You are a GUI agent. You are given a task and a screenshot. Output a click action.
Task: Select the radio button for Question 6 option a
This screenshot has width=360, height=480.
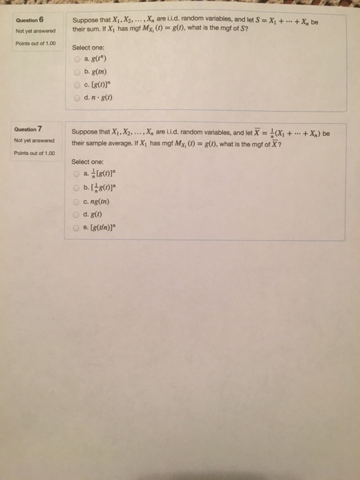(x=77, y=60)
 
